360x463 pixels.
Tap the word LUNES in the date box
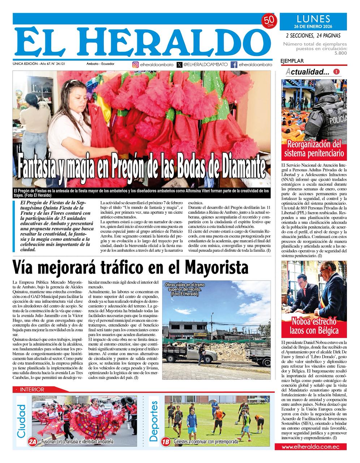[313, 19]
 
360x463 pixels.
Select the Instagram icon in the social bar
[136, 65]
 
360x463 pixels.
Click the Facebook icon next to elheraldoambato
[234, 65]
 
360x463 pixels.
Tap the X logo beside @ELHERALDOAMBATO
[180, 65]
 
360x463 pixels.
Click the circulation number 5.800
[340, 53]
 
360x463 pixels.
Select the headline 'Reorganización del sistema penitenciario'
[314, 149]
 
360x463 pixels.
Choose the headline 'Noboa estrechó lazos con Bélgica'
[314, 326]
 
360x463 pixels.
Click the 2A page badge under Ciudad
[33, 441]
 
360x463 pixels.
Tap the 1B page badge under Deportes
[166, 441]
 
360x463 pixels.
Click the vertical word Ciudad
[22, 420]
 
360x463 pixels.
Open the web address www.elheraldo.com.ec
[314, 447]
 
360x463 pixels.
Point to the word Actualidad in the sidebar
[308, 72]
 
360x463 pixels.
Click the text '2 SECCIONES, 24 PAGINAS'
[313, 35]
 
